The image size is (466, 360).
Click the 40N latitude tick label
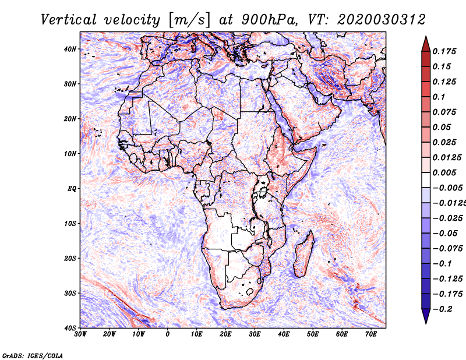coord(70,49)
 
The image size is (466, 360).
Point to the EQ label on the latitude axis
coord(72,189)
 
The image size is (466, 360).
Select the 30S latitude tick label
coord(70,294)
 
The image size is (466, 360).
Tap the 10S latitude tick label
coord(70,224)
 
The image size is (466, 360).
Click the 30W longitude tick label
coord(80,334)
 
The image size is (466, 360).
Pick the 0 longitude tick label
coord(168,334)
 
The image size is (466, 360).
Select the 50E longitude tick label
coord(313,334)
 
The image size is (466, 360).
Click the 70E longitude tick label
coord(371,334)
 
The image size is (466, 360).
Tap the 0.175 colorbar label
coord(444,51)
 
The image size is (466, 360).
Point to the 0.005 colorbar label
coord(444,172)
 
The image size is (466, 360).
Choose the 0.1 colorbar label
coord(439,97)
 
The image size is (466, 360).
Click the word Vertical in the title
coord(69,20)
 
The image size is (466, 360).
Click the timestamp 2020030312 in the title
coord(382,20)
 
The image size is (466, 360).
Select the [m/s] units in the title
coord(189,20)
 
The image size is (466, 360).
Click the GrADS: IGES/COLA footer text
coord(33,355)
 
